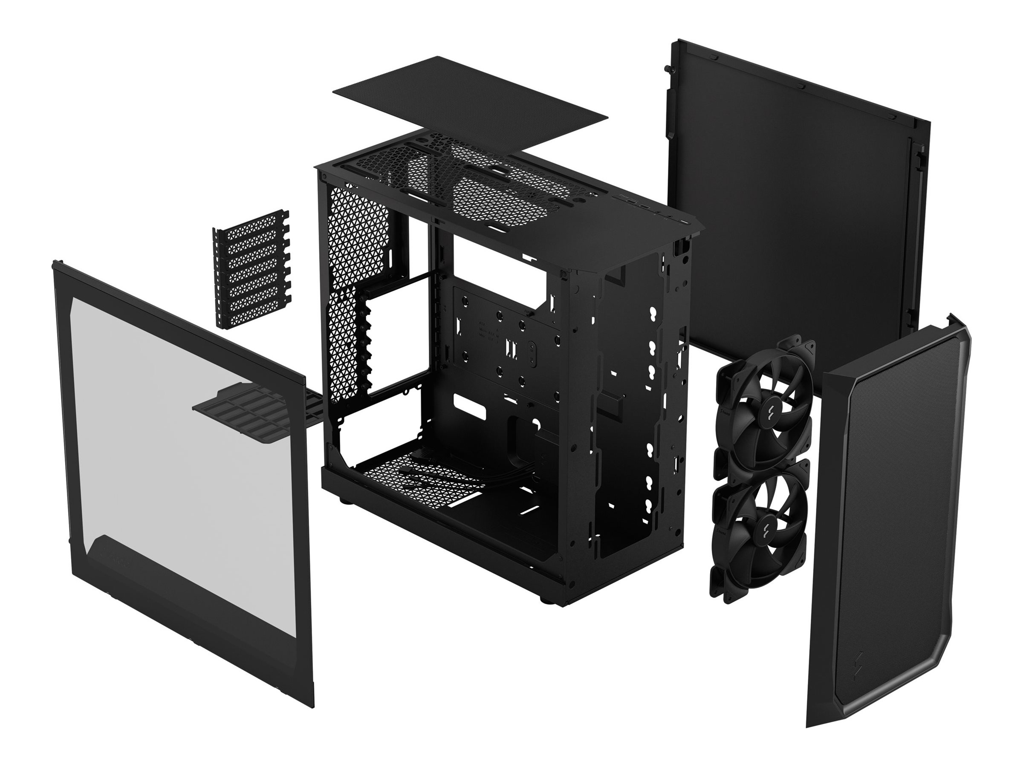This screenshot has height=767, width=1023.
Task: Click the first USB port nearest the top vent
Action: click(x=631, y=202)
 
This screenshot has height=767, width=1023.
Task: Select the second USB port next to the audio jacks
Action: click(x=644, y=207)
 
